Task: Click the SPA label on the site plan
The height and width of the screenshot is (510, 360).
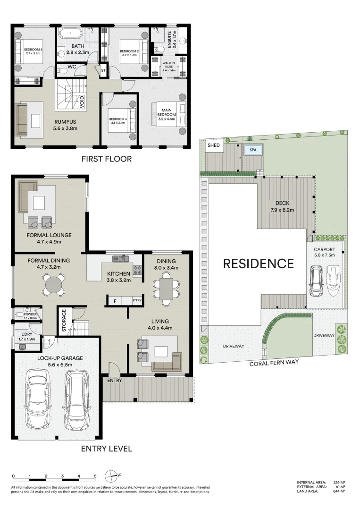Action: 253,150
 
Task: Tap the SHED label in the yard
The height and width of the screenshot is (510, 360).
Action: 213,145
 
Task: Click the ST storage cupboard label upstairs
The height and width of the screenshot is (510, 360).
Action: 103,70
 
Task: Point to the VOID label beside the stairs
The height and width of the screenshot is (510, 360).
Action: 82,102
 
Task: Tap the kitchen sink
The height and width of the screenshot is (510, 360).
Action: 120,259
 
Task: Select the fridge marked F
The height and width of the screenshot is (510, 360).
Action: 115,301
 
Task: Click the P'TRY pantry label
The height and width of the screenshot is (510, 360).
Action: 137,300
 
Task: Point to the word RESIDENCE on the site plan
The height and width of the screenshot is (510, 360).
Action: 259,263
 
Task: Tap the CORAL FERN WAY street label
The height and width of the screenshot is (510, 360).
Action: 274,363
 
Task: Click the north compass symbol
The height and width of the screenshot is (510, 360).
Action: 112,476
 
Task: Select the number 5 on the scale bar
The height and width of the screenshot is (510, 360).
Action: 95,476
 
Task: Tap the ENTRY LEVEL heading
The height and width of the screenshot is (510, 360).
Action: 107,449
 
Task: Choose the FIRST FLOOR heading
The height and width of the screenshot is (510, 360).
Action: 107,159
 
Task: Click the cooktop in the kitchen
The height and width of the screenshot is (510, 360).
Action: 137,272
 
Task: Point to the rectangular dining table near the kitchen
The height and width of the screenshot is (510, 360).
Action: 166,289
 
